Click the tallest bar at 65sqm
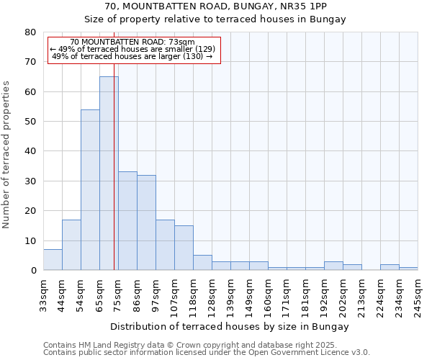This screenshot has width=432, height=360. click(109, 173)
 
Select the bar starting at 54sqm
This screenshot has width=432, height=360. click(90, 190)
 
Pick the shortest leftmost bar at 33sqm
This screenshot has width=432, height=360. click(53, 260)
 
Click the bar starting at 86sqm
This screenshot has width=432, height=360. click(146, 222)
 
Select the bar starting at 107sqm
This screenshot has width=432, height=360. click(184, 248)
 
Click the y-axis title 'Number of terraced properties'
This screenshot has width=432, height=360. click(6, 154)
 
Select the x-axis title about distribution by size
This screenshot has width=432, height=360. click(230, 326)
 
